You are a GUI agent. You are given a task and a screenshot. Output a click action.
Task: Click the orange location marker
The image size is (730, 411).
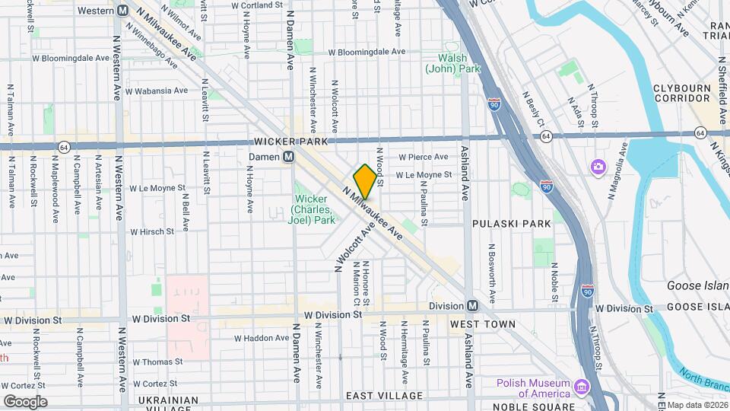(365, 181)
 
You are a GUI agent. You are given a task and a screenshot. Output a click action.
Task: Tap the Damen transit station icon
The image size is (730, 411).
(289, 157)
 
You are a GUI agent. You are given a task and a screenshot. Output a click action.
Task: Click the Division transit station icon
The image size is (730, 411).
(472, 306)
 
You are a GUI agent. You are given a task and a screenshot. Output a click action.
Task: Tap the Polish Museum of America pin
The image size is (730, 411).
(582, 388)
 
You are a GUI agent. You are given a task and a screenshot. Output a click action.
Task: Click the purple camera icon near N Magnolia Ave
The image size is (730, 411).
(598, 166)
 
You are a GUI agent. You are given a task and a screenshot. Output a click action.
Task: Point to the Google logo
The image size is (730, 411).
(24, 401)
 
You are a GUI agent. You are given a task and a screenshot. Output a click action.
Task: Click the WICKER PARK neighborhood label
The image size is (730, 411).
(290, 142)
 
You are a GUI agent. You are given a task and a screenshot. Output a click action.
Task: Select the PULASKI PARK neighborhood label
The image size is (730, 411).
(511, 224)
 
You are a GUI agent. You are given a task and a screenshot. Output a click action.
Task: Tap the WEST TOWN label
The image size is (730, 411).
(483, 324)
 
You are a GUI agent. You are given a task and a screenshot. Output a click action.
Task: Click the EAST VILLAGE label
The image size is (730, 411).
(384, 396)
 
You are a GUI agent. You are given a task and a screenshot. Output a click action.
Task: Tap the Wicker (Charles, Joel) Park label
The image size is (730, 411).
(315, 209)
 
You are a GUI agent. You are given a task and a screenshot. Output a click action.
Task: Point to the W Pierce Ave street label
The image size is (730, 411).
(424, 157)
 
